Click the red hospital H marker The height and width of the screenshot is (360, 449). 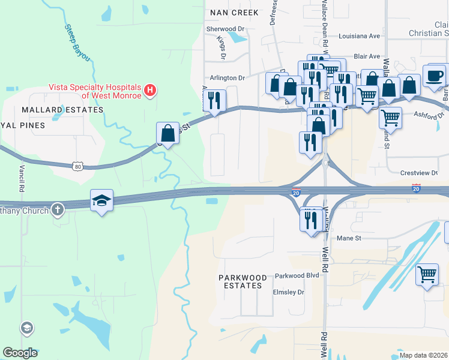tap(151, 91)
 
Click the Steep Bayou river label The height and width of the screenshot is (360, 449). tap(77, 43)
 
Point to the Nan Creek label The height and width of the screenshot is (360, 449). tap(234, 13)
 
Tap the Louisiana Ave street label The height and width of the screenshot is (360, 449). tap(360, 36)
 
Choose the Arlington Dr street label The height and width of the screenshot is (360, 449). tap(228, 78)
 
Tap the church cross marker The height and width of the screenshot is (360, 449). tap(57, 209)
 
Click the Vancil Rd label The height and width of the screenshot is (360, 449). tap(22, 178)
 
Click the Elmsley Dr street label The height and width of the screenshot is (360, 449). tap(289, 293)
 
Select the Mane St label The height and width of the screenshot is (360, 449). tap(346, 238)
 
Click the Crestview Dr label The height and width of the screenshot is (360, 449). tap(418, 173)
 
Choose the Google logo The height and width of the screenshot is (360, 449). tap(20, 352)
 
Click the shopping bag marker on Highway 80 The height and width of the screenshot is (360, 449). tap(167, 133)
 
